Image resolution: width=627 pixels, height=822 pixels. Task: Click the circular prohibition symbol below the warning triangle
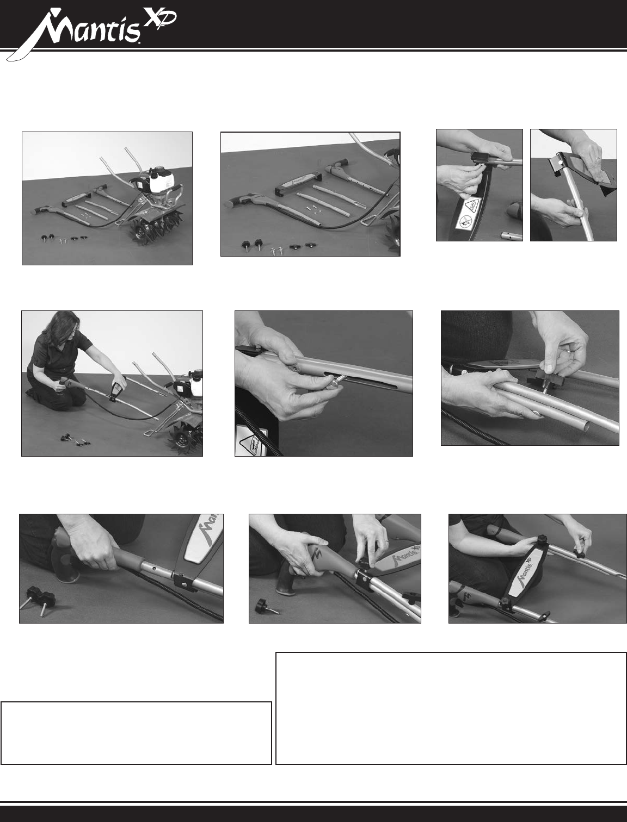[464, 226]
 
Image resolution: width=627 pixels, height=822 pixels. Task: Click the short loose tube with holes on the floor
[512, 236]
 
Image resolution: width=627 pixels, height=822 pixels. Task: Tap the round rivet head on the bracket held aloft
[558, 163]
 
